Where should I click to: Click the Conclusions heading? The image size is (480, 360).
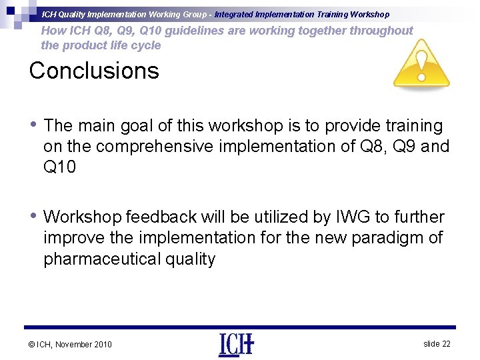coord(94,71)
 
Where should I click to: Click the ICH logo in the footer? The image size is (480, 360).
coord(236,344)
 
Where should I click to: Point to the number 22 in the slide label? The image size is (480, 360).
coord(446,343)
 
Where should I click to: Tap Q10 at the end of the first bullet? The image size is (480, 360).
coord(59,167)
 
